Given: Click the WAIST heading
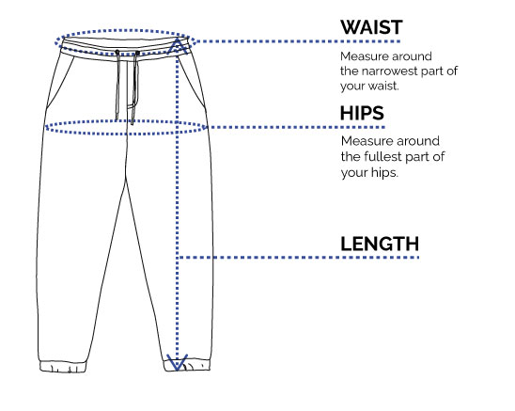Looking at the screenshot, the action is (x=371, y=27).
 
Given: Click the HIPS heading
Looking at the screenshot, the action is (x=362, y=113).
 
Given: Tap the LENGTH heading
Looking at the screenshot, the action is (x=380, y=244).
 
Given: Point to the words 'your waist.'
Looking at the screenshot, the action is (x=369, y=87).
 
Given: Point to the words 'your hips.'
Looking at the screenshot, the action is (x=369, y=172).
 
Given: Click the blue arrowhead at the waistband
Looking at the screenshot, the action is (x=177, y=45).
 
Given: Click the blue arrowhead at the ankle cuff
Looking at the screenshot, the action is (x=177, y=362).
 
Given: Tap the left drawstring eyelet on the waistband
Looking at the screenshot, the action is (x=117, y=52).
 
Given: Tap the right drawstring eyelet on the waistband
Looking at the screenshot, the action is (x=137, y=53).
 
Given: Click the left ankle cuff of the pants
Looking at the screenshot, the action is (x=63, y=367).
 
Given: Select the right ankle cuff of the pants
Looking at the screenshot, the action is (x=187, y=365).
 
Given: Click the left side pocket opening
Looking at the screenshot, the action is (x=60, y=82).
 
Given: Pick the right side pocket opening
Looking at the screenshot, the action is (x=192, y=81).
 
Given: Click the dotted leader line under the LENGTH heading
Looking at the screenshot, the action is (x=298, y=257).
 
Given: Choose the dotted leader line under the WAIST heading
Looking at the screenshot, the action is (x=298, y=41).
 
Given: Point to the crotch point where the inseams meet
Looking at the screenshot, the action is (x=126, y=180).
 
